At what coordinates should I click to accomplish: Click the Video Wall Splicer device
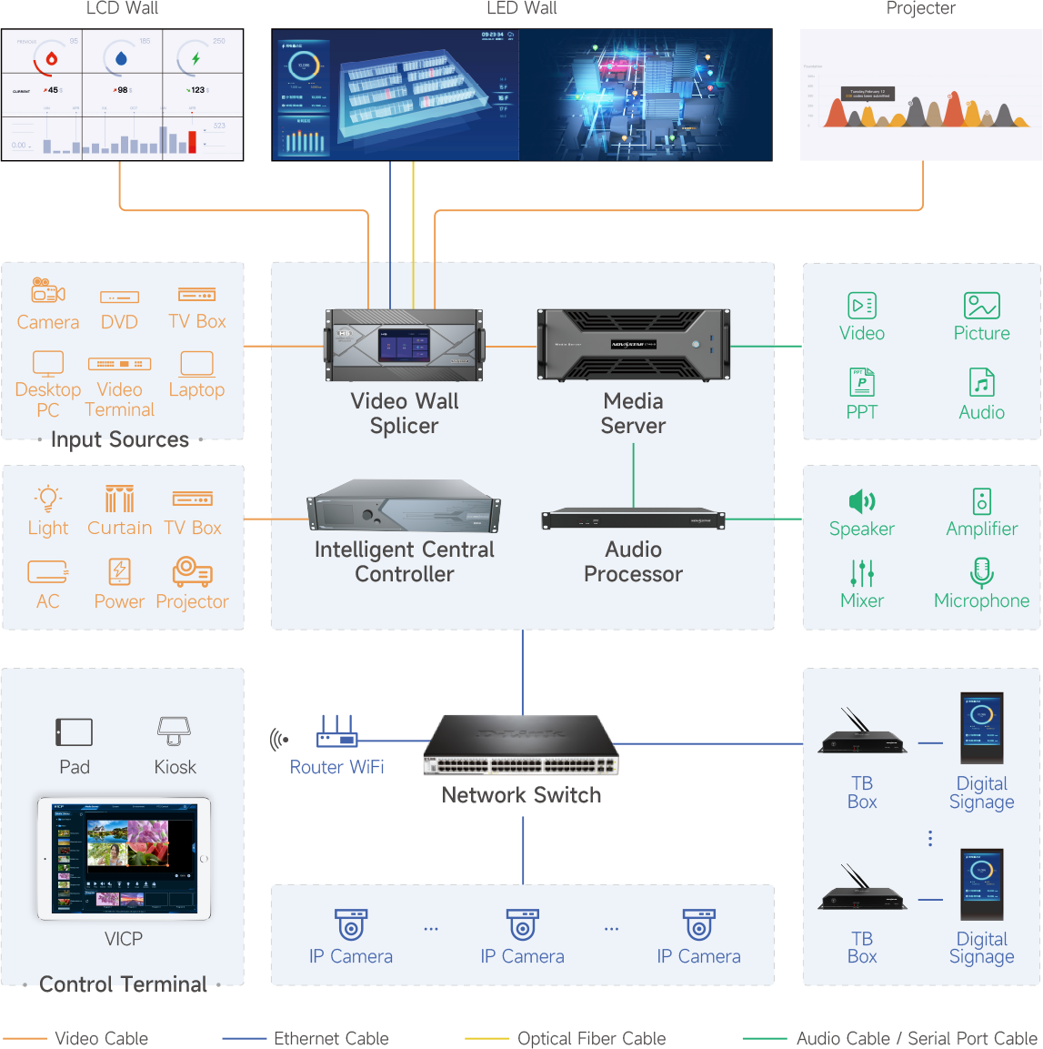[405, 345]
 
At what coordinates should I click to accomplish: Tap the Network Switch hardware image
[521, 745]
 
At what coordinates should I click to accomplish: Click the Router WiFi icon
[336, 731]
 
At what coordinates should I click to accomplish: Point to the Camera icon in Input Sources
[48, 291]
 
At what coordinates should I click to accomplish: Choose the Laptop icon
[196, 364]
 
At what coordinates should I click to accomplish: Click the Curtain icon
[119, 499]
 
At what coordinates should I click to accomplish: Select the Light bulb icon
[48, 499]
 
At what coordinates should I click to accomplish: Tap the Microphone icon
[981, 572]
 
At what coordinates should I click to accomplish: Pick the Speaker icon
[861, 501]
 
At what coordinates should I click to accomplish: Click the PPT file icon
[861, 382]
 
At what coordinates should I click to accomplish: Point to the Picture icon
[981, 306]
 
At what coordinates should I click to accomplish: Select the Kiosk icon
[175, 731]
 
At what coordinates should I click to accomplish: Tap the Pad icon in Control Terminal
[75, 731]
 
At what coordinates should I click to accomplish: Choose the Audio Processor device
[633, 519]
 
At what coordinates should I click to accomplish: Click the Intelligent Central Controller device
[405, 509]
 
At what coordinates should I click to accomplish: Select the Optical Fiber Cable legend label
[591, 1038]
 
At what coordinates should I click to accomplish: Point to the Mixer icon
[861, 573]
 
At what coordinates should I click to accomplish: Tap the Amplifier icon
[981, 501]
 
